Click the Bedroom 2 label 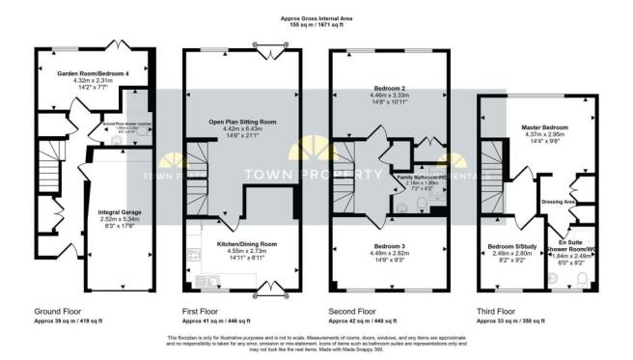[389, 88]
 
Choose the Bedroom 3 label [389, 246]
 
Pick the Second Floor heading [353, 312]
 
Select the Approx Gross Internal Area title [316, 16]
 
